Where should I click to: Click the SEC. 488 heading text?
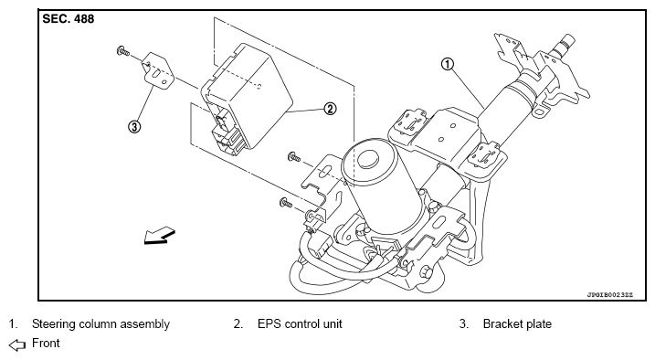69,19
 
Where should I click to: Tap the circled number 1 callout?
448,64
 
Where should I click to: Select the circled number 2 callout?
330,109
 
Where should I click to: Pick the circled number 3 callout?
134,126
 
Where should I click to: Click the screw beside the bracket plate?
123,52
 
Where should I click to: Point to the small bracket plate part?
159,71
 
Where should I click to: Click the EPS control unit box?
247,96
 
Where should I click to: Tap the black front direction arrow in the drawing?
160,236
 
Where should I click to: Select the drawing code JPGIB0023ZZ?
610,294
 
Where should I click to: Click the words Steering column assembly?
100,324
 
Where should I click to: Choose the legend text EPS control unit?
300,324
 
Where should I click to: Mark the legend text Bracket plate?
517,324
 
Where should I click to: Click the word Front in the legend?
46,344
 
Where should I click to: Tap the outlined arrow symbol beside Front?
17,345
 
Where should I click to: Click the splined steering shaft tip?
564,44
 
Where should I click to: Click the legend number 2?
238,324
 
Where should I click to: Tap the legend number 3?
464,324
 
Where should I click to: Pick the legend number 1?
13,324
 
